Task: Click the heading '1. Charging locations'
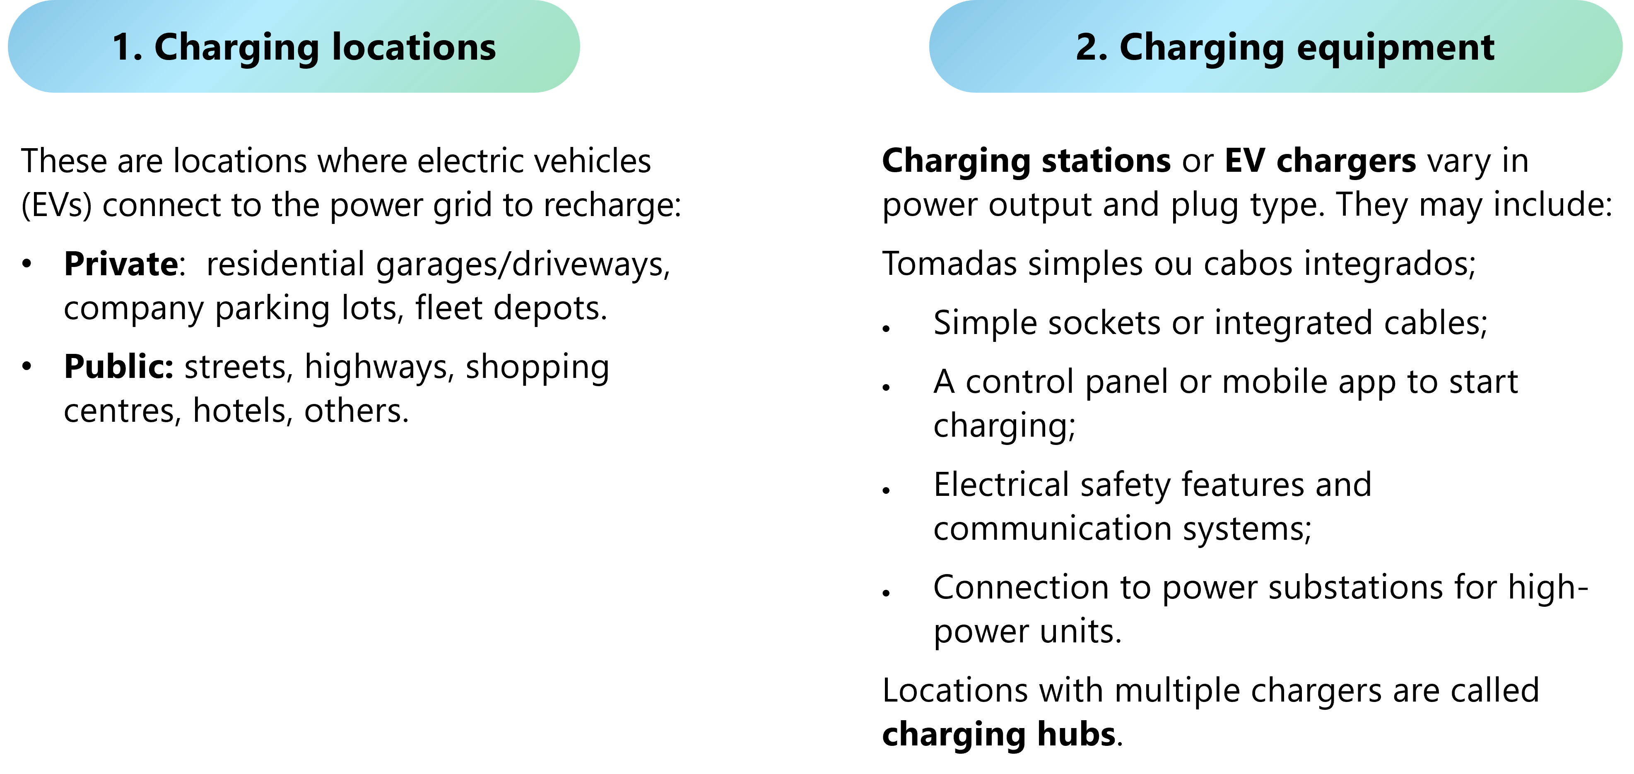click(x=304, y=48)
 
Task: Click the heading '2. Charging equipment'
click(x=1285, y=48)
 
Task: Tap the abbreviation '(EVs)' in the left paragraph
click(x=56, y=205)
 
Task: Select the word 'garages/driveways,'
click(x=523, y=264)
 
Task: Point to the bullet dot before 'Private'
click(x=27, y=264)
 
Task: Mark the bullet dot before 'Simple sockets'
click(x=887, y=328)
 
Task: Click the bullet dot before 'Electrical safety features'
click(x=887, y=490)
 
